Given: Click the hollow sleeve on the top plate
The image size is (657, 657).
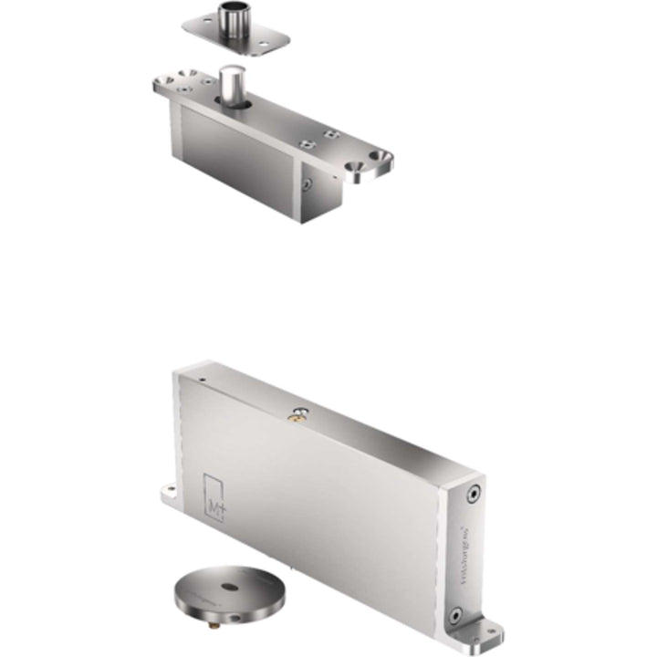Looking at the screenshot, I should (234, 19).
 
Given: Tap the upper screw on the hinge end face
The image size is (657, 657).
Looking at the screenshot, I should (472, 495).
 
